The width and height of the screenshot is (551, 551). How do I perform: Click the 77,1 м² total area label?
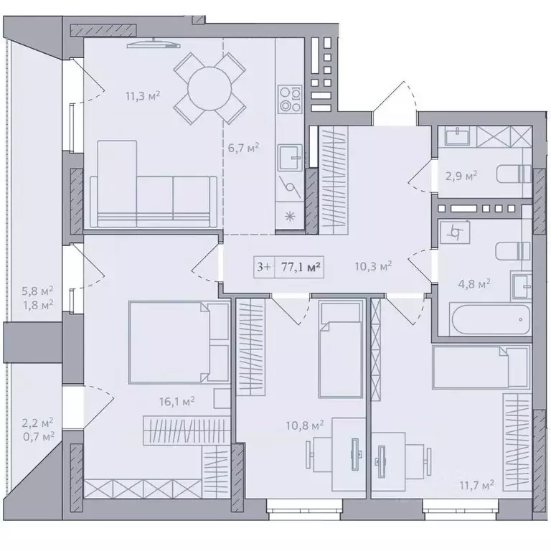(x=301, y=267)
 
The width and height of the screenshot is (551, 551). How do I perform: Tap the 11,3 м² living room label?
(x=143, y=96)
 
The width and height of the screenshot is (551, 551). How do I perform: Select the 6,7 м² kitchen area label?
(x=243, y=148)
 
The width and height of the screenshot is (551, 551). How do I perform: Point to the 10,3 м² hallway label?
(x=373, y=266)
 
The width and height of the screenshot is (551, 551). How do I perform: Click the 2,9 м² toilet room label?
(x=461, y=175)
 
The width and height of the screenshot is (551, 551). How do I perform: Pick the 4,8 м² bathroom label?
(x=474, y=283)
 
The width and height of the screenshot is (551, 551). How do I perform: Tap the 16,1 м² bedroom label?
(x=177, y=401)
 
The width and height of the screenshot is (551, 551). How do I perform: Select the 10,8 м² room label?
(x=305, y=425)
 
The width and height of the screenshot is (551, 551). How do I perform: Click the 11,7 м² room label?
(x=477, y=486)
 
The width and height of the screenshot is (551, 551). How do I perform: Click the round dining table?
(x=209, y=88)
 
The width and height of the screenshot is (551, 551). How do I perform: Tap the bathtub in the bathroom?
(x=490, y=319)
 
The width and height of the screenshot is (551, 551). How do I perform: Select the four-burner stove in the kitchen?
(x=290, y=99)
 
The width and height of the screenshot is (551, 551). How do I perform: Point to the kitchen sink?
(x=290, y=158)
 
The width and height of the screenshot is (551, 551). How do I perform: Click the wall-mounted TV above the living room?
(x=154, y=44)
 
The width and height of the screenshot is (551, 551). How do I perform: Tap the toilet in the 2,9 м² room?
(x=514, y=174)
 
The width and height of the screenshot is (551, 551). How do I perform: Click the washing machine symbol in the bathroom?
(x=455, y=232)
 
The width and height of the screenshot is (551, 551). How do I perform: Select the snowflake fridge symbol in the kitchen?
(x=290, y=217)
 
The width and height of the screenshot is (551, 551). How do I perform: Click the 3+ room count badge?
(x=264, y=267)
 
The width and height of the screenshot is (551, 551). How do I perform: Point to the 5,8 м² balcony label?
(x=37, y=291)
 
